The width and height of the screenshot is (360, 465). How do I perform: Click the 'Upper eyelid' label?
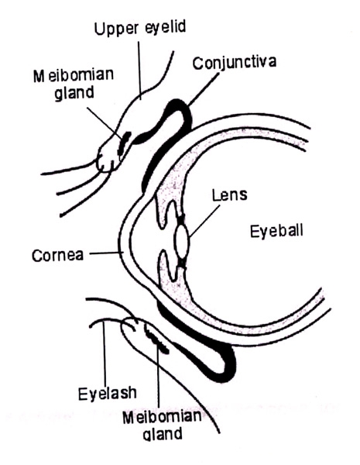[x=140, y=28]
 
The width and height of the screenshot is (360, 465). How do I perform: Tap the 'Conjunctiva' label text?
[x=235, y=63]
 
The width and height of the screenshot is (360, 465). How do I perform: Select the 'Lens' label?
[x=230, y=195]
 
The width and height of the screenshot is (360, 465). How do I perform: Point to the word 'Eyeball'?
[x=276, y=231]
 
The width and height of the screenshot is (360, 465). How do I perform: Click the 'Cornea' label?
[x=57, y=255]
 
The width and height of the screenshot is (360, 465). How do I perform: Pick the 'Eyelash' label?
[x=108, y=394]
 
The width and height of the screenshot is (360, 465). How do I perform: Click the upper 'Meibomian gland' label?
[x=74, y=84]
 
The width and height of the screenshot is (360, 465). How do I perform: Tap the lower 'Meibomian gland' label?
[x=162, y=425]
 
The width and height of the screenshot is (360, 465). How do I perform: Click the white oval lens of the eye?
[x=182, y=241]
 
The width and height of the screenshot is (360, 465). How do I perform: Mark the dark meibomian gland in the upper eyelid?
[x=124, y=143]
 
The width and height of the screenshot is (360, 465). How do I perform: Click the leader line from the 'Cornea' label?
[x=107, y=253]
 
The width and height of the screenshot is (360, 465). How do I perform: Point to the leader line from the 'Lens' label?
[x=204, y=221]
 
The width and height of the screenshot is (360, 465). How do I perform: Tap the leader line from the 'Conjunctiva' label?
[x=204, y=90]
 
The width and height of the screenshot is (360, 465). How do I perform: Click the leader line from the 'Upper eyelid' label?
[x=139, y=71]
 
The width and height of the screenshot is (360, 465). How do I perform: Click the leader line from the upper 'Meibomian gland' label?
[x=105, y=122]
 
